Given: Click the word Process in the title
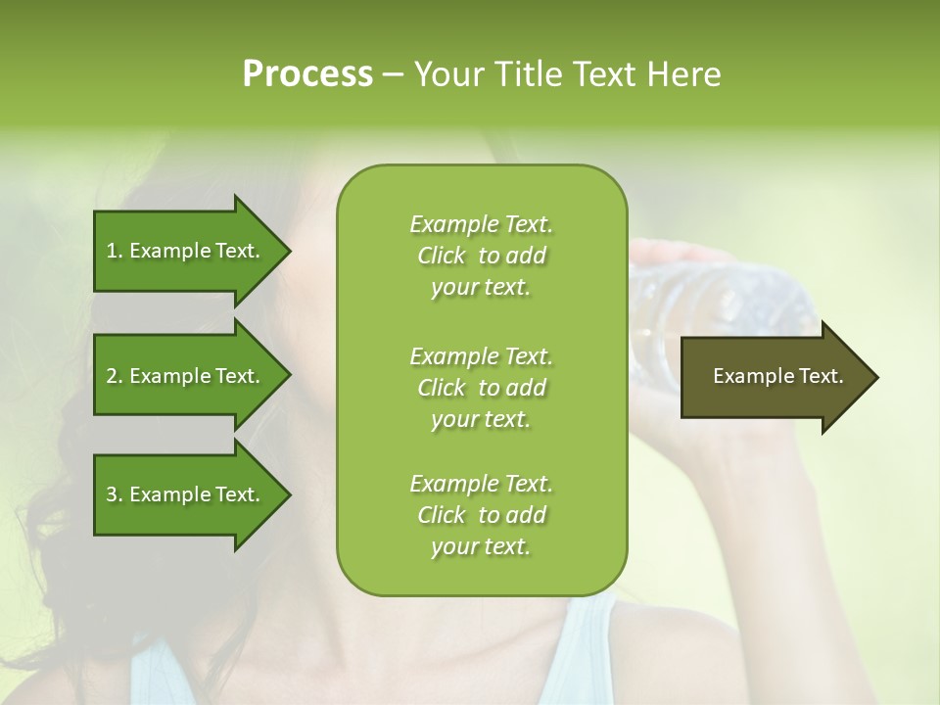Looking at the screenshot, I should coord(307,74).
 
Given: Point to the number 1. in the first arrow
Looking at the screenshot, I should coord(115,251).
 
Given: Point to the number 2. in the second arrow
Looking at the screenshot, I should coord(115,376).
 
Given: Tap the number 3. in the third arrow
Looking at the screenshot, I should coord(115,494).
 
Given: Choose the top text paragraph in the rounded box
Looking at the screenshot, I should coord(481,256).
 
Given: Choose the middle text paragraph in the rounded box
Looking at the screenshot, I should coord(481,388).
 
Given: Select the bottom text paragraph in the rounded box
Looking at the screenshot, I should coord(481,515).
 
